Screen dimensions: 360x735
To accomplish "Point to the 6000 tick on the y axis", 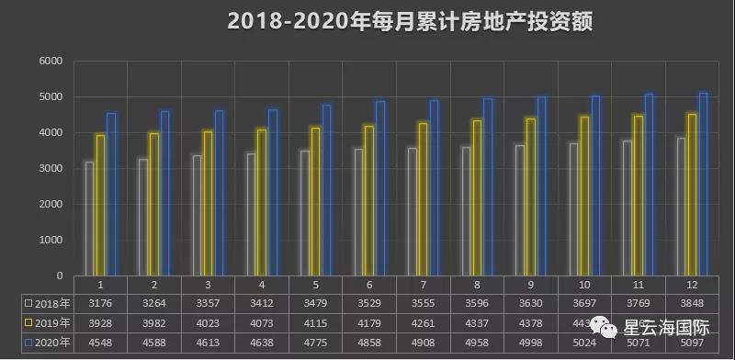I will pos(50,62).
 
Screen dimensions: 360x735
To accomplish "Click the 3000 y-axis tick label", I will pos(50,169).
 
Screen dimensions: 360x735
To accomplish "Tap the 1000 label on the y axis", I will pos(50,241).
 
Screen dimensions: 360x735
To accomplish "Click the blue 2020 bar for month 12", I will pos(704,184).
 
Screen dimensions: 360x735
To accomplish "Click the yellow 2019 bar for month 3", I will pos(208,203).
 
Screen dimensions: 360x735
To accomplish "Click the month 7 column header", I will pos(423,284).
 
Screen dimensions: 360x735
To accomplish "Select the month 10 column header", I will pos(583,284).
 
